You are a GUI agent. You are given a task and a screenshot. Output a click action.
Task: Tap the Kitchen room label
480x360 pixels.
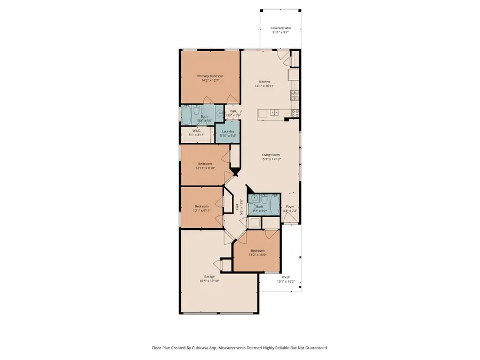(x=265, y=82)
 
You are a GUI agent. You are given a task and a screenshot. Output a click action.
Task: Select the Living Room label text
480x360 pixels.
(x=270, y=155)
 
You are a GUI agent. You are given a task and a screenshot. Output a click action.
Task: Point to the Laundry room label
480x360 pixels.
(x=228, y=131)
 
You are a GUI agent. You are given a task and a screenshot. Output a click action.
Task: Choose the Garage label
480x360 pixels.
(x=209, y=276)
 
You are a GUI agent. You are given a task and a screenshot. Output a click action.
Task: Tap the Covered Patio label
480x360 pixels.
(x=280, y=28)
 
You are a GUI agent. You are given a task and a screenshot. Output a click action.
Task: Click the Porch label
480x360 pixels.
(x=286, y=277)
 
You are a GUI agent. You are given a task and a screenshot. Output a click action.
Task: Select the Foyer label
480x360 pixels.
(x=290, y=206)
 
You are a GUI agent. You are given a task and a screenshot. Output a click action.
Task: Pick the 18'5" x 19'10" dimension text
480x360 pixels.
(x=209, y=281)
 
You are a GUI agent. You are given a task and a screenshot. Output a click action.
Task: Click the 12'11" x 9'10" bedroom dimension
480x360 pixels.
(x=205, y=168)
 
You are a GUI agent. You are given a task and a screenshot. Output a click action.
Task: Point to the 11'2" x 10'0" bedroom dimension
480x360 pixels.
(x=257, y=254)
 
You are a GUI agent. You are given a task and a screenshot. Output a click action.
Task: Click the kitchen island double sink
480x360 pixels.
(x=274, y=113)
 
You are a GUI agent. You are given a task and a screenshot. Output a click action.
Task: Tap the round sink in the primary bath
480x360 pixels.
(x=219, y=114)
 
